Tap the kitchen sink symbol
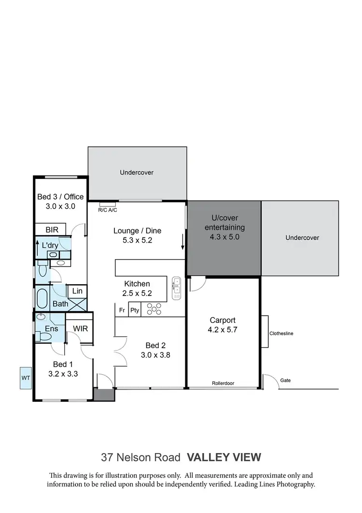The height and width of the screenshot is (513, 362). pyautogui.click(x=176, y=287)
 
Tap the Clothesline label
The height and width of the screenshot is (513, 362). pyautogui.click(x=281, y=334)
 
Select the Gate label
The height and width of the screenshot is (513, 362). pyautogui.click(x=286, y=381)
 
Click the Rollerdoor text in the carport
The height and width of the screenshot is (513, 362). pyautogui.click(x=223, y=383)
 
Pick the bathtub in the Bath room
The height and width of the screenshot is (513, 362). pyautogui.click(x=42, y=298)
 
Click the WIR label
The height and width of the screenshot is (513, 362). pyautogui.click(x=80, y=329)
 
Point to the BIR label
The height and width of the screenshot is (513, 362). pyautogui.click(x=52, y=230)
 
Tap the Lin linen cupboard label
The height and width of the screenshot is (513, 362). pyautogui.click(x=77, y=291)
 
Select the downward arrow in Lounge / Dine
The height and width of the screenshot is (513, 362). pyautogui.click(x=183, y=241)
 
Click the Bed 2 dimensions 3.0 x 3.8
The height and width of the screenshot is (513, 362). pyautogui.click(x=156, y=355)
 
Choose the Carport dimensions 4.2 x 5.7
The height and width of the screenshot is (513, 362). pyautogui.click(x=223, y=330)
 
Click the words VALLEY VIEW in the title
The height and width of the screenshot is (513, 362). pyautogui.click(x=224, y=457)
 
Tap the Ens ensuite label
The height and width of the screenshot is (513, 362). pyautogui.click(x=52, y=329)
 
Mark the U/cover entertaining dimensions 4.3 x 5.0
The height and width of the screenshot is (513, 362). pyautogui.click(x=224, y=237)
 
